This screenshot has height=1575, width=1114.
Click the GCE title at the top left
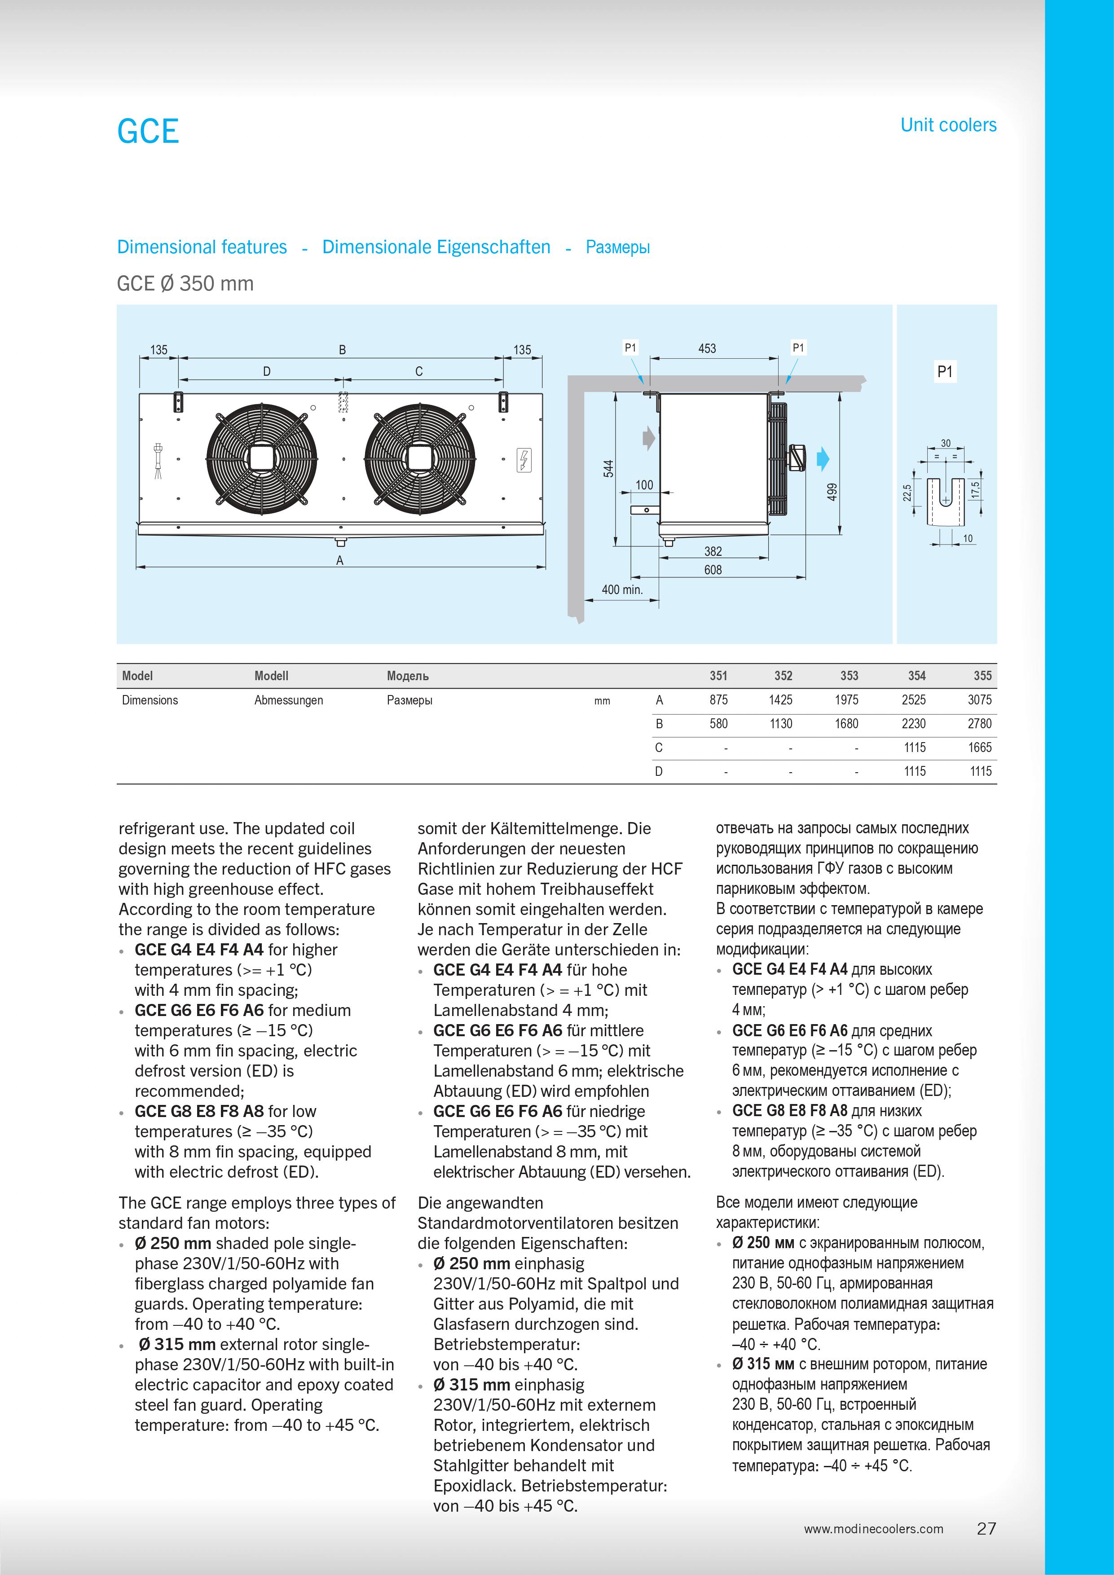coord(148,131)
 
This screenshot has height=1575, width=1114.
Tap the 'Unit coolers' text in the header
coord(948,125)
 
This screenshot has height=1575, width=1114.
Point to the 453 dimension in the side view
coord(707,348)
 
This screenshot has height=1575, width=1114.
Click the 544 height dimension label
coord(608,469)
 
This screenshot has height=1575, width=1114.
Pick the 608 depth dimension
coord(713,569)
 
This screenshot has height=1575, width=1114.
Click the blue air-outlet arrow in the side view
coord(823,459)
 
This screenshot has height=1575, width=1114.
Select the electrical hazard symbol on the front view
coord(524,460)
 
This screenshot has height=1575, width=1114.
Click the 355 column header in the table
coord(982,676)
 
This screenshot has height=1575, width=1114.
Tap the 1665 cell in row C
coord(980,748)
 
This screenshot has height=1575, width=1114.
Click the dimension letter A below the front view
coord(339,560)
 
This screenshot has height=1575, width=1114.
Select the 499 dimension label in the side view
coord(832,492)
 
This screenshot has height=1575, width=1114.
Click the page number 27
coord(986,1528)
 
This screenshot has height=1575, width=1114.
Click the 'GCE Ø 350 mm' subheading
coord(185,283)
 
